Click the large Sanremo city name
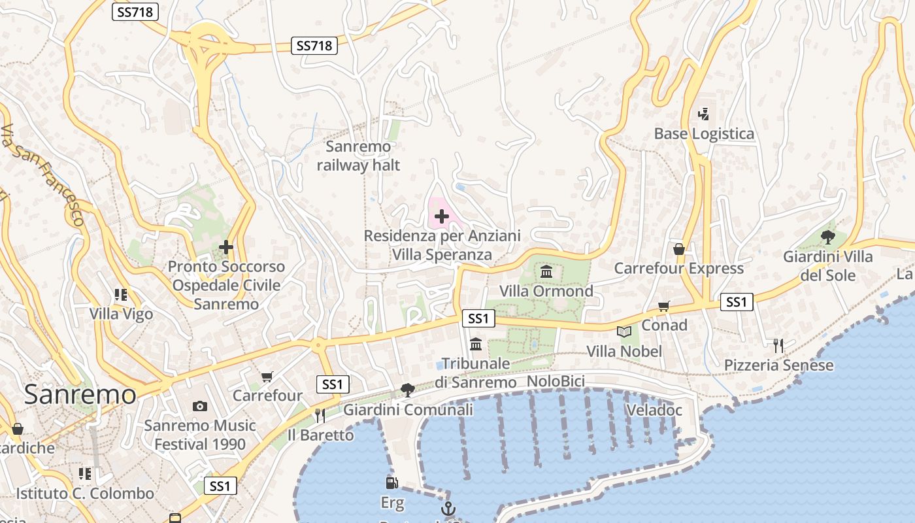coord(80,394)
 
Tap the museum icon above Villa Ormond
coord(546,271)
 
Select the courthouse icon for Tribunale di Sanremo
coord(476,344)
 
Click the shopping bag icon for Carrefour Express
coord(678,249)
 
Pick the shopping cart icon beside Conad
coord(664,306)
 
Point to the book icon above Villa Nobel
coord(624,332)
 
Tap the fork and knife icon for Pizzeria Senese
coord(778,345)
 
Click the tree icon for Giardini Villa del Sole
coord(827,237)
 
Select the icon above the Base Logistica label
coord(703,114)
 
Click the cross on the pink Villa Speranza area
coord(442,216)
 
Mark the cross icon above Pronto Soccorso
coord(226,247)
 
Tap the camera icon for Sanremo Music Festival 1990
coord(200,406)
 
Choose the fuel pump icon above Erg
coord(391,483)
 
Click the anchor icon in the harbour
coord(448,509)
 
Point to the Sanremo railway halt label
coord(358,156)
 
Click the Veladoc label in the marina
coord(654,411)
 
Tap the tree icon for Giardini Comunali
coord(408,390)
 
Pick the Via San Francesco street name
coord(43,175)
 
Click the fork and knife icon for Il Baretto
coord(320,415)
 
